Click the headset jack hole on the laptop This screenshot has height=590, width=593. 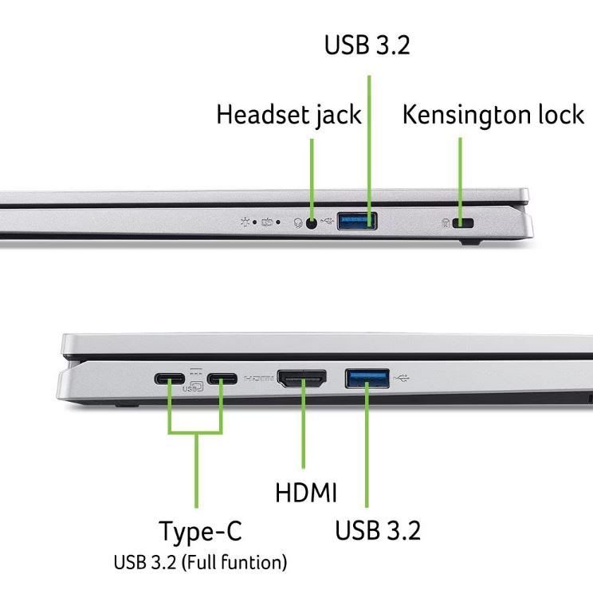[312, 223]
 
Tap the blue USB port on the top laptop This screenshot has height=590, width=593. [357, 222]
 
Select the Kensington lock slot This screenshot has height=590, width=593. [463, 222]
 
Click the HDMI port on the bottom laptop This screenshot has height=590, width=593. [302, 379]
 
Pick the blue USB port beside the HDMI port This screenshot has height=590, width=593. [367, 379]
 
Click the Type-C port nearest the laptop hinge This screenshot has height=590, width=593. [170, 379]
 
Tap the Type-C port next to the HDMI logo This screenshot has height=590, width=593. [222, 379]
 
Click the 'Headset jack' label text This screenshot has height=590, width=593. [289, 115]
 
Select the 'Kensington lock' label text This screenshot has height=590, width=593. [493, 114]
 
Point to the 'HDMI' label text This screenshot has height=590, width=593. [306, 493]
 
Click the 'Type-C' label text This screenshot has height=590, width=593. [200, 531]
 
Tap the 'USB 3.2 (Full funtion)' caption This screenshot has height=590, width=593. [200, 562]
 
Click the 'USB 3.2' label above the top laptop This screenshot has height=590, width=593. [367, 45]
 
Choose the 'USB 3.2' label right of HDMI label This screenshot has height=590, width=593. [378, 530]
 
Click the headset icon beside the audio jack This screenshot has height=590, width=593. [298, 223]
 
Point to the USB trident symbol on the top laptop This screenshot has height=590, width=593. [328, 220]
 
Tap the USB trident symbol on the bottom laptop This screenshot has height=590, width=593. [401, 377]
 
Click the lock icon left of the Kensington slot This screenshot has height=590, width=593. [446, 222]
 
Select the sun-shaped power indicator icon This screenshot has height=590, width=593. [245, 222]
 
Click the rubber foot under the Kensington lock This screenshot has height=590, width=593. [470, 242]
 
